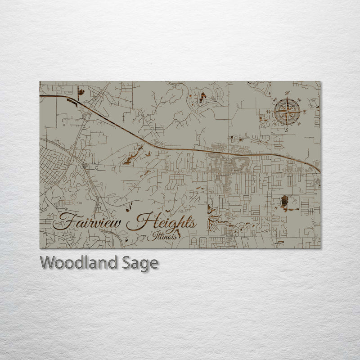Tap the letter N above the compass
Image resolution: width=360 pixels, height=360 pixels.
[x=288, y=94]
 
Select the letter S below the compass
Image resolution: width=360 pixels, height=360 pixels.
[x=286, y=129]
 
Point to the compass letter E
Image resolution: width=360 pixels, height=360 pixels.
[x=304, y=111]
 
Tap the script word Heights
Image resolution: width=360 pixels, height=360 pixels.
[x=164, y=223]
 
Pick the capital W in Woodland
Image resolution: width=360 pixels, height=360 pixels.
[x=47, y=262]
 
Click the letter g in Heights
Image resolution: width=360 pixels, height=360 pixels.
[x=173, y=225]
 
